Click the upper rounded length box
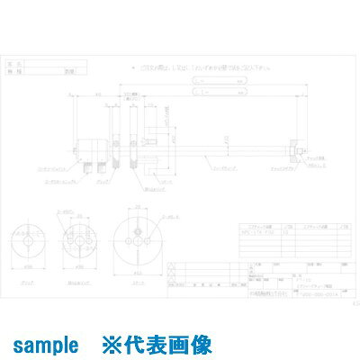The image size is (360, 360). (220, 78)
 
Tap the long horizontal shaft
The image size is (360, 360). (216, 143)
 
